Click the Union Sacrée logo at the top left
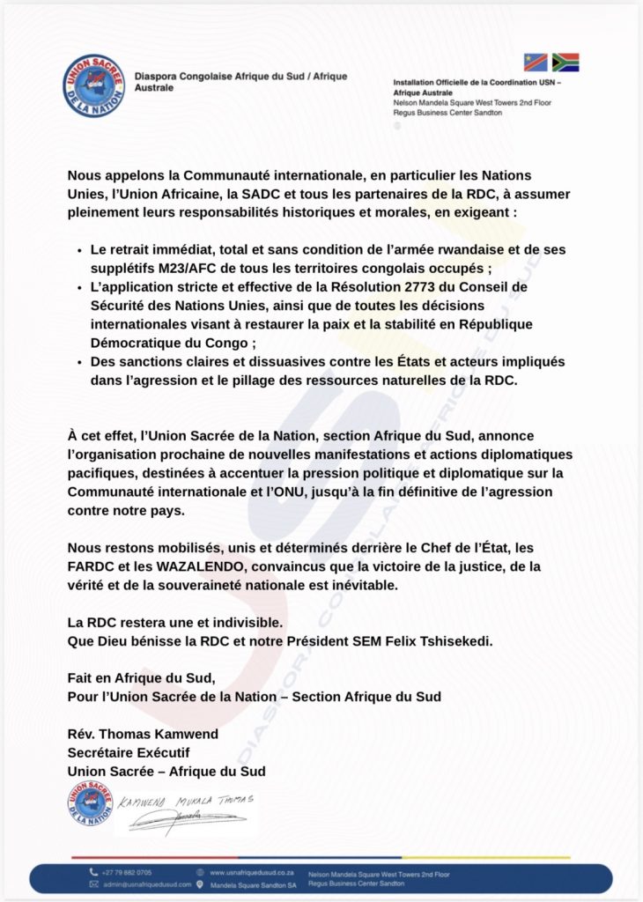94,85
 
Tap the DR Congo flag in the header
536,62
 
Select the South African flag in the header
565,62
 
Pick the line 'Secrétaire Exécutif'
128,752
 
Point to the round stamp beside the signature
90,803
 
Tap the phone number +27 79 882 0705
127,872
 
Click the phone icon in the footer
92,872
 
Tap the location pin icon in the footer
202,884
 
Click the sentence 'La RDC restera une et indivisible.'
177,622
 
